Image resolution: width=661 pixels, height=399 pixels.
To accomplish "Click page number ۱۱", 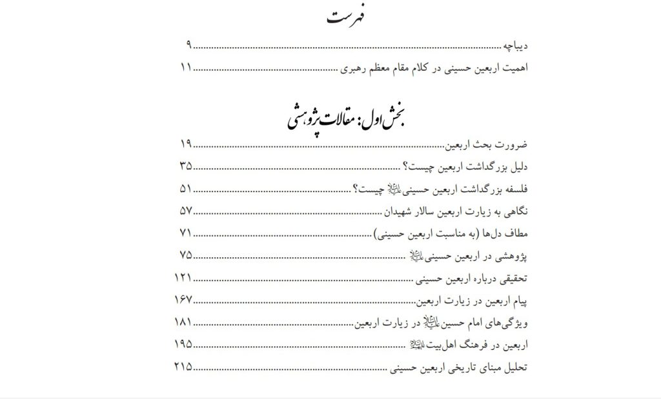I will tap(185, 67).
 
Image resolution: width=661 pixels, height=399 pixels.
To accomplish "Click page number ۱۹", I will tap(185, 143).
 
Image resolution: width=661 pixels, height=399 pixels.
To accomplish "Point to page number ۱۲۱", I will tap(183, 278).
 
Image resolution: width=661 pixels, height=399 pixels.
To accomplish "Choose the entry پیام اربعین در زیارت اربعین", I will tap(473, 301).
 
